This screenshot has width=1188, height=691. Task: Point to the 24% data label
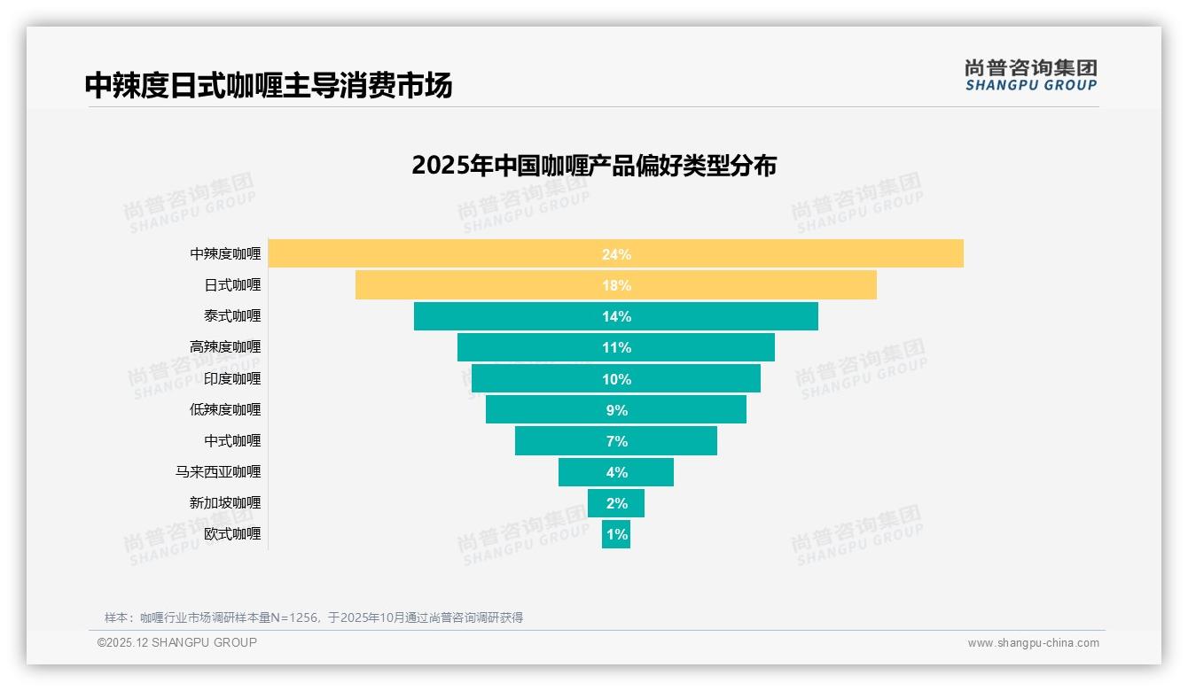tap(616, 254)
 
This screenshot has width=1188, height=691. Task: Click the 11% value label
tap(616, 347)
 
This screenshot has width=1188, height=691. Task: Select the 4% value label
tap(616, 472)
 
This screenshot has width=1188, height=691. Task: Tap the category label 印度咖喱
tap(232, 378)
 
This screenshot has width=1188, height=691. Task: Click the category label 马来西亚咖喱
tap(218, 472)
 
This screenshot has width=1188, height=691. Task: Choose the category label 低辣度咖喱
tap(225, 409)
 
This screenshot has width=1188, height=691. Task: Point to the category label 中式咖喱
tap(232, 440)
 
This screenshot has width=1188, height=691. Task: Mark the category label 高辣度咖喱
tap(225, 347)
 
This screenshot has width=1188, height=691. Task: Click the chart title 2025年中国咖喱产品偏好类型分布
tap(594, 166)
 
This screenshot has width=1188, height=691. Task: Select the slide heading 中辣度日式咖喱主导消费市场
tap(269, 85)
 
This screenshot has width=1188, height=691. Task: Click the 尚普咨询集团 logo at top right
tap(1031, 75)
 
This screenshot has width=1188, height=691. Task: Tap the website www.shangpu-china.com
tap(1033, 643)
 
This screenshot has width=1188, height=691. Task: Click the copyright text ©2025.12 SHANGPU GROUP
tap(177, 642)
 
